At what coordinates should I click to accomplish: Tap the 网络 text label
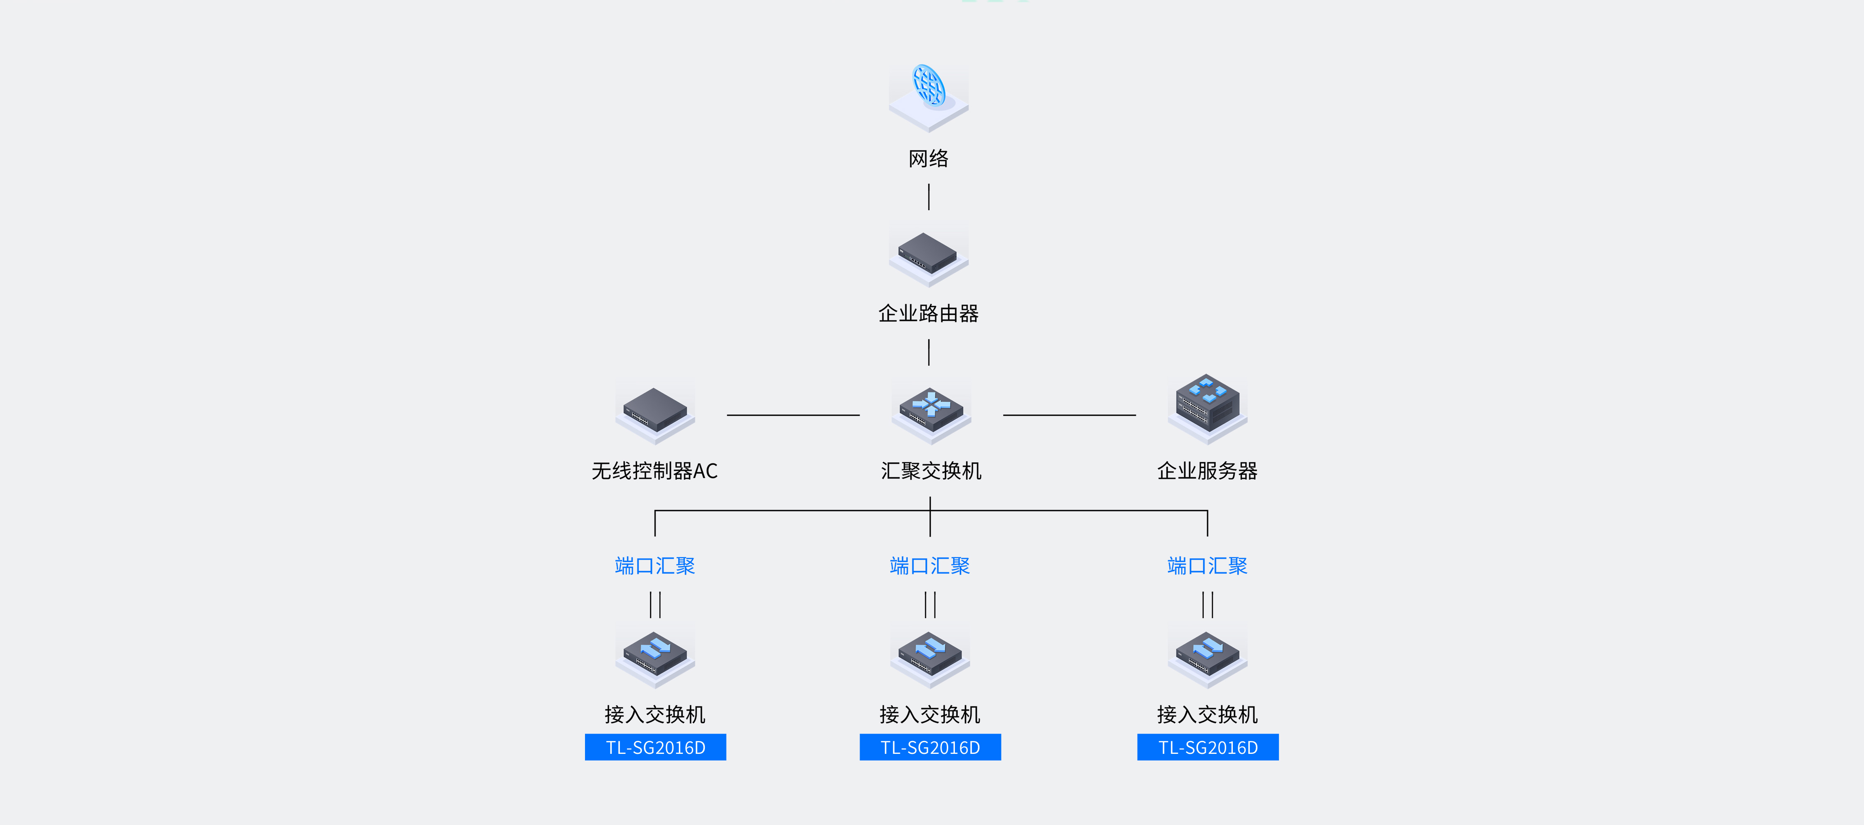point(928,159)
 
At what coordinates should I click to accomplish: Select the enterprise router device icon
point(928,253)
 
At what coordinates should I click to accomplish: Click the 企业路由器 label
point(928,313)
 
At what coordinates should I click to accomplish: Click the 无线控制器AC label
point(654,471)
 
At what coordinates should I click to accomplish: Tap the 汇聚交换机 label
point(931,471)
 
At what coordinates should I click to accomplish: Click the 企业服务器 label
point(1207,471)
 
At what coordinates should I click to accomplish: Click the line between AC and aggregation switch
point(793,415)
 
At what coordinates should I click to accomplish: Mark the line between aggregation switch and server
point(1069,415)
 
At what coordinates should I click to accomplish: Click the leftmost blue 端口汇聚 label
point(655,566)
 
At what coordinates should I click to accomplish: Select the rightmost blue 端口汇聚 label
point(1207,566)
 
